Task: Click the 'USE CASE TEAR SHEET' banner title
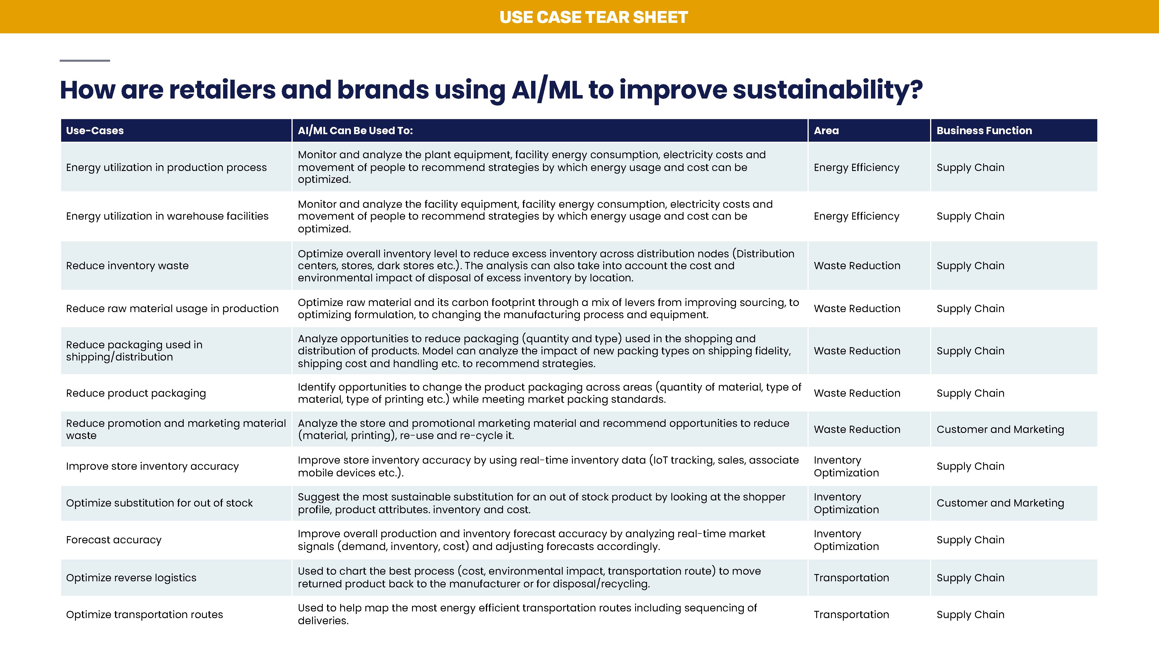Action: pyautogui.click(x=593, y=17)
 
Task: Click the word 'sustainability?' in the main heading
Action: pyautogui.click(x=828, y=90)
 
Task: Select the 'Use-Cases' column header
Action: pyautogui.click(x=95, y=130)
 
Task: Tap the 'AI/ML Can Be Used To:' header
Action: pyautogui.click(x=355, y=130)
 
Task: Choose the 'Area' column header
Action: pyautogui.click(x=826, y=130)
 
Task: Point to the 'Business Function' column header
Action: pyautogui.click(x=984, y=130)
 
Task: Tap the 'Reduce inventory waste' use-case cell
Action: pyautogui.click(x=127, y=265)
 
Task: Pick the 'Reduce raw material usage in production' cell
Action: pyautogui.click(x=172, y=308)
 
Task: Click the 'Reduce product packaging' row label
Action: pyautogui.click(x=136, y=393)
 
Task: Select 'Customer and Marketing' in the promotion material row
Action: pyautogui.click(x=1000, y=429)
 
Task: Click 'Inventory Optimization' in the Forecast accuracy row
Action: pyautogui.click(x=846, y=540)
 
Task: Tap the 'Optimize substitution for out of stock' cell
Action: pyautogui.click(x=159, y=503)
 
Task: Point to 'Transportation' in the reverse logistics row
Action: pyautogui.click(x=851, y=578)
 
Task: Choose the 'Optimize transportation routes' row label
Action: pyautogui.click(x=144, y=615)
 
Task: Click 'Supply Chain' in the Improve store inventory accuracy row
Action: pyautogui.click(x=970, y=466)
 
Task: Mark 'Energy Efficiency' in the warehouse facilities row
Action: pyautogui.click(x=857, y=216)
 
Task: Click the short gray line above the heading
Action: pyautogui.click(x=85, y=60)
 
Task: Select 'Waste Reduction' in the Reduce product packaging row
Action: pyautogui.click(x=857, y=393)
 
